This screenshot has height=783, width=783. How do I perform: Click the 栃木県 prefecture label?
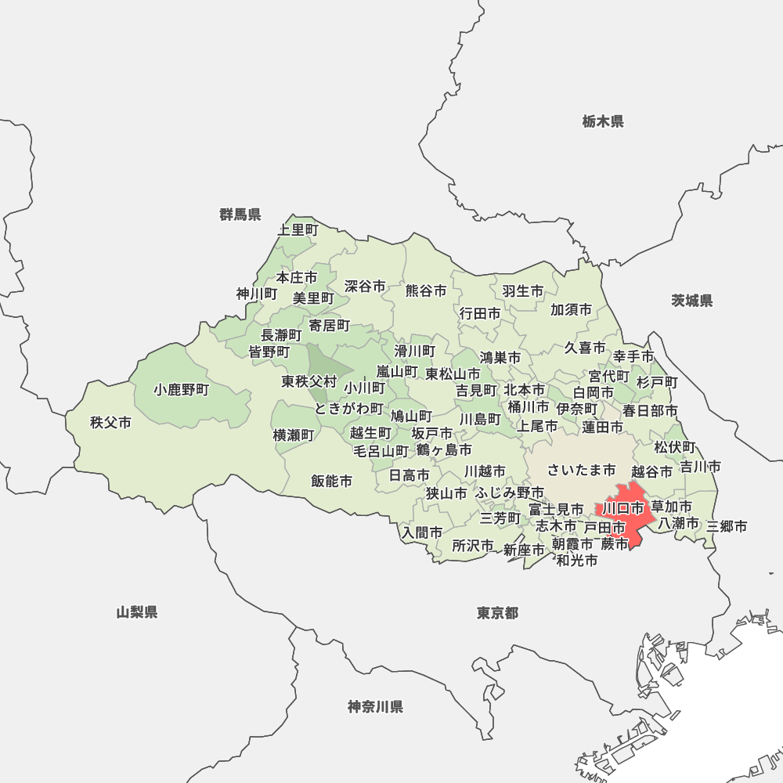pyautogui.click(x=603, y=121)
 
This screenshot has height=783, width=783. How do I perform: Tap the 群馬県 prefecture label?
pyautogui.click(x=240, y=215)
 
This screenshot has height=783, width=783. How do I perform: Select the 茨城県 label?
pyautogui.click(x=692, y=301)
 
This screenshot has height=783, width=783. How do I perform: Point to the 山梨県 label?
pyautogui.click(x=137, y=612)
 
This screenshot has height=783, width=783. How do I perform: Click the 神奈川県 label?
pyautogui.click(x=376, y=707)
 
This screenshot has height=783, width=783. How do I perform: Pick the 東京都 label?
pyautogui.click(x=497, y=612)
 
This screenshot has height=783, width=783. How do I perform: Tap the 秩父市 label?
pyautogui.click(x=110, y=423)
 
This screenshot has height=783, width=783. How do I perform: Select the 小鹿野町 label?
pyautogui.click(x=182, y=389)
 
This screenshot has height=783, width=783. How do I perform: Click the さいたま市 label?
pyautogui.click(x=581, y=470)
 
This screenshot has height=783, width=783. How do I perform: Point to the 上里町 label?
pyautogui.click(x=298, y=229)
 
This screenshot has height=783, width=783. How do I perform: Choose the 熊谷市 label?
pyautogui.click(x=426, y=290)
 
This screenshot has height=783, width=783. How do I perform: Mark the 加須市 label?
pyautogui.click(x=572, y=309)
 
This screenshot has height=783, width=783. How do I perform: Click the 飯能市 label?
pyautogui.click(x=331, y=481)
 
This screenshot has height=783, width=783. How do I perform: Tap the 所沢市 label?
pyautogui.click(x=473, y=545)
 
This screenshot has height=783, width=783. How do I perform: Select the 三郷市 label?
pyautogui.click(x=727, y=526)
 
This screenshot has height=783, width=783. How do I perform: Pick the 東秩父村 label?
pyautogui.click(x=309, y=381)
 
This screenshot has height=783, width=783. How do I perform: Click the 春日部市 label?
pyautogui.click(x=651, y=410)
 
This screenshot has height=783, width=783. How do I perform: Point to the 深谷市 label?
pyautogui.click(x=365, y=287)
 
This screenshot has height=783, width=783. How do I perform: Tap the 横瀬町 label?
pyautogui.click(x=294, y=435)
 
